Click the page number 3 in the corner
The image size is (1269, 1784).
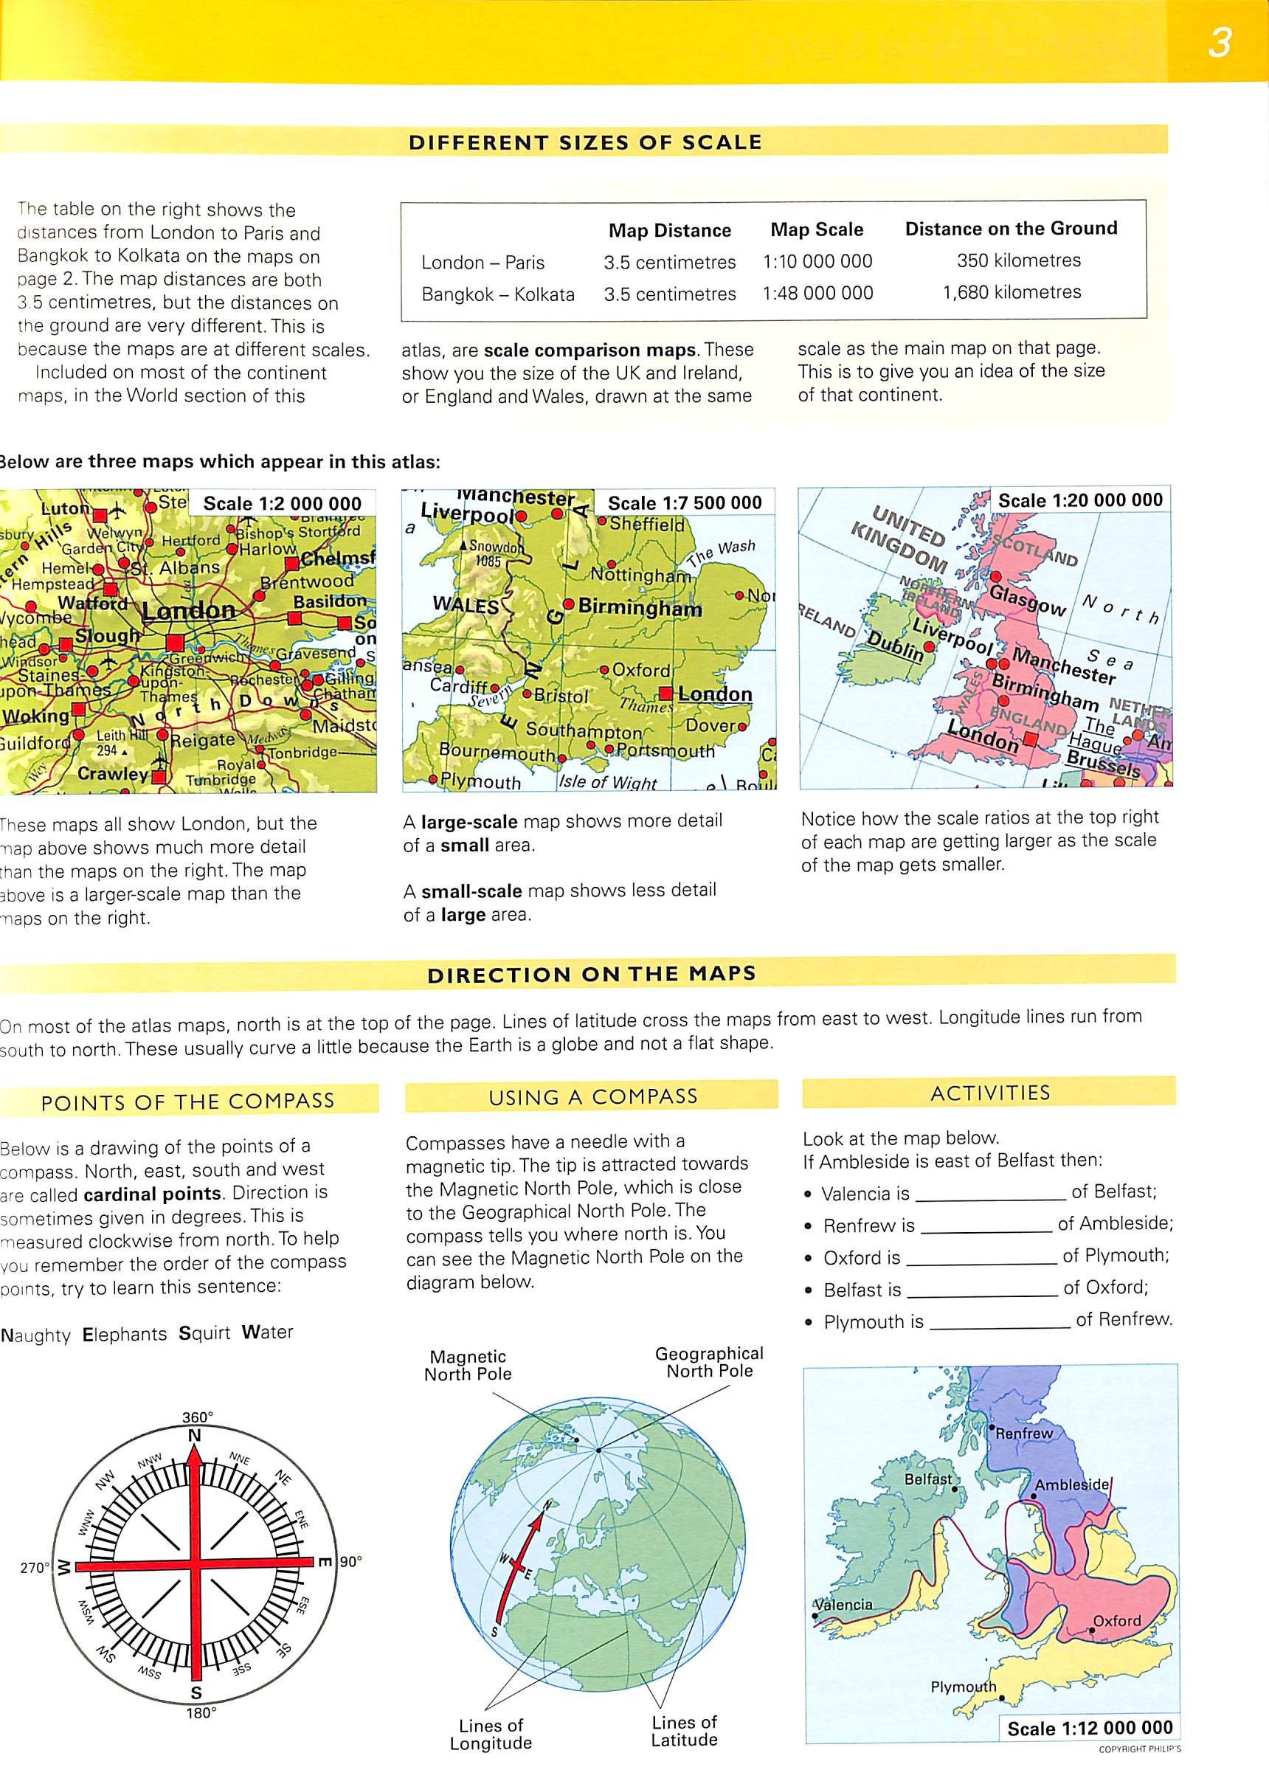tap(1219, 42)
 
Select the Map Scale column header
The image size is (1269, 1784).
tap(817, 229)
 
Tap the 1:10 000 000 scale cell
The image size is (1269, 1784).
tap(817, 262)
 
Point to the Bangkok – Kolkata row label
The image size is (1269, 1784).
tap(498, 294)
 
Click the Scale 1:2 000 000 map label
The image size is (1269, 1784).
tap(282, 504)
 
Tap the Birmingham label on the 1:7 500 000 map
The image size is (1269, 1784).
tap(639, 608)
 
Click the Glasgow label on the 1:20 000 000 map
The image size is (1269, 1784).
tap(1027, 600)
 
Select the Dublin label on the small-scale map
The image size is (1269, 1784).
tap(896, 646)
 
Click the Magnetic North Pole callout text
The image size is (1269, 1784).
tap(467, 1365)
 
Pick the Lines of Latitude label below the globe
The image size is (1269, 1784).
tap(684, 1731)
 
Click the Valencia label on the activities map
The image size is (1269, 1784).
tap(843, 1604)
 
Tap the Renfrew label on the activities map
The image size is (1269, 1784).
tap(1023, 1433)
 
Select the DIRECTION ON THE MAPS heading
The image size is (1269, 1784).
tap(592, 975)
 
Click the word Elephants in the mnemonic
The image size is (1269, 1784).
tap(124, 1334)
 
